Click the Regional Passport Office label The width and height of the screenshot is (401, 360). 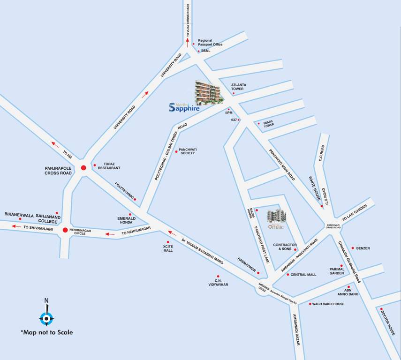210,42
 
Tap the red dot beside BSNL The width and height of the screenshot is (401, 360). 198,51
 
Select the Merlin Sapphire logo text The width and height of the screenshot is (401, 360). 184,107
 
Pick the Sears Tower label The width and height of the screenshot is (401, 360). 268,124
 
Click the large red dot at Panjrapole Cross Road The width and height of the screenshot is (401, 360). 83,168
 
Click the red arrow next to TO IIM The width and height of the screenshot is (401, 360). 55,144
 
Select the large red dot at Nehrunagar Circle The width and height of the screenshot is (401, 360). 65,230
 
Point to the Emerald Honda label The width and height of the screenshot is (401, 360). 126,220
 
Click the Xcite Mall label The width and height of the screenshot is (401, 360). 168,248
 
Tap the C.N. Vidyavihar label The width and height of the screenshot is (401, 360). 218,283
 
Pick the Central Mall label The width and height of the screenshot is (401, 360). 303,275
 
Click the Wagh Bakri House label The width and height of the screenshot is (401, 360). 328,304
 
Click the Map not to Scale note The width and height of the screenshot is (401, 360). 46,332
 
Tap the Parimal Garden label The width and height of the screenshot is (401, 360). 337,271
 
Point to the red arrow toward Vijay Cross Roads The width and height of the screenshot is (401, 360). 188,40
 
